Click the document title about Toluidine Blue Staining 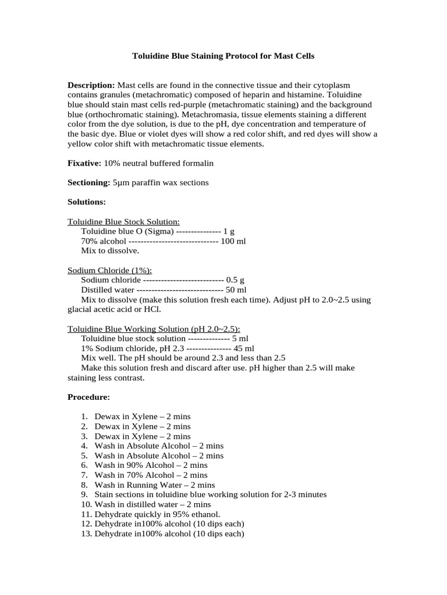pyautogui.click(x=223, y=56)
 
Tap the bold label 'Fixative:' pyautogui.click(x=85, y=163)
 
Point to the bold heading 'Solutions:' pyautogui.click(x=87, y=202)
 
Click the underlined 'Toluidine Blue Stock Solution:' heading pyautogui.click(x=124, y=221)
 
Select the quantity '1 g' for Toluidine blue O pyautogui.click(x=229, y=231)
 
